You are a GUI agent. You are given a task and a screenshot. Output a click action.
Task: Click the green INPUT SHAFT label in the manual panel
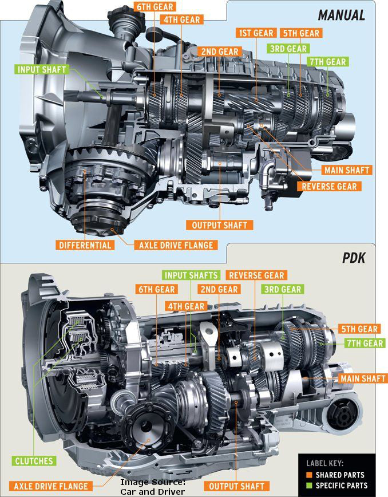[42, 70]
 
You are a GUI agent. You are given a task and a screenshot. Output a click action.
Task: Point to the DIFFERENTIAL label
[85, 244]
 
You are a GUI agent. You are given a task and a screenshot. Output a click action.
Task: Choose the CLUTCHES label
[34, 460]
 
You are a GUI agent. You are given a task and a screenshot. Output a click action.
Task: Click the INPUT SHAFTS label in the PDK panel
[191, 275]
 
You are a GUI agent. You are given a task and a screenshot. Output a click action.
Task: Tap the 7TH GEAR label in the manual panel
[328, 61]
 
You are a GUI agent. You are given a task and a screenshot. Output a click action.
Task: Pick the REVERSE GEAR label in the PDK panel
[255, 275]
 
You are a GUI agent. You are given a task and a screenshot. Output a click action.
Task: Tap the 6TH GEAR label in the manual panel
[154, 7]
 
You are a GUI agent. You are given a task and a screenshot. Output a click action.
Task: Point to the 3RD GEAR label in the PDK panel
[283, 289]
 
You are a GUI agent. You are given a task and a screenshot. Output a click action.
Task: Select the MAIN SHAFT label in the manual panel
[347, 170]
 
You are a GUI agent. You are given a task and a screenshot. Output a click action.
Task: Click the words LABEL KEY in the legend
[323, 464]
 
